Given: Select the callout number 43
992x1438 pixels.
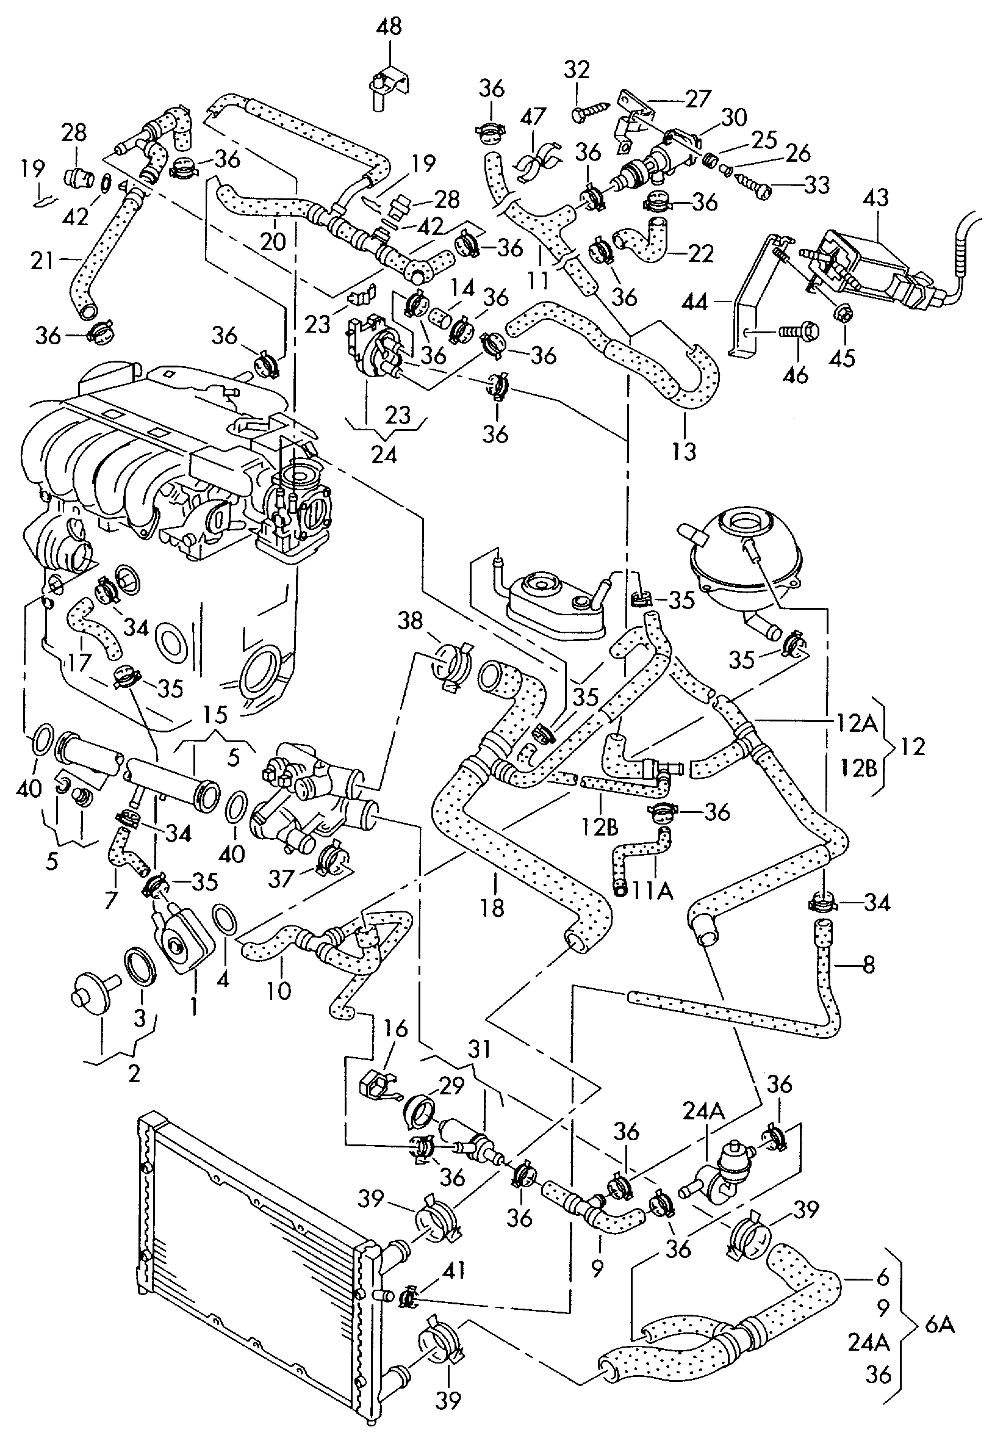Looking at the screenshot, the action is coord(875,198).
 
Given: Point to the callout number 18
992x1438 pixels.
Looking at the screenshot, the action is coord(492,907).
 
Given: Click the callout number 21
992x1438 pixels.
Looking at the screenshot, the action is coord(43,261).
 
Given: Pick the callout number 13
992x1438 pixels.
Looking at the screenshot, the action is coord(684,450).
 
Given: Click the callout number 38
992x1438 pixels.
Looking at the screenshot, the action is coord(409,620).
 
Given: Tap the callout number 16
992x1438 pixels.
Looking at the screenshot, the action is coord(395,1029).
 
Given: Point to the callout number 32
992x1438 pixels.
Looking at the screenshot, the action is coord(576,69).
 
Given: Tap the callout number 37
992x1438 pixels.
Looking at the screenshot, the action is coord(281,878).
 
